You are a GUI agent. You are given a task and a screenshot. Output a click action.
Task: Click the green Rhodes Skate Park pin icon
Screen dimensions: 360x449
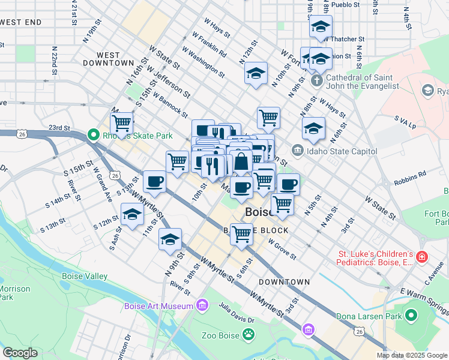pos(93,136)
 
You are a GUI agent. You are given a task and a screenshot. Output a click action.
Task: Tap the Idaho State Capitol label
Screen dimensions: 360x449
pos(342,151)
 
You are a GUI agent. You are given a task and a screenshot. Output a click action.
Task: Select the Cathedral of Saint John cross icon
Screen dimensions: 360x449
pos(317,80)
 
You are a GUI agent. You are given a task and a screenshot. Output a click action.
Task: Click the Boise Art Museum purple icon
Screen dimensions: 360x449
pos(202,307)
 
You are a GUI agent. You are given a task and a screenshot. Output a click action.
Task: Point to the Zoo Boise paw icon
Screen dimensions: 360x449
pos(249,335)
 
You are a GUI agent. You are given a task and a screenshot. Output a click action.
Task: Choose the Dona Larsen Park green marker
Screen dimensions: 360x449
pos(411,315)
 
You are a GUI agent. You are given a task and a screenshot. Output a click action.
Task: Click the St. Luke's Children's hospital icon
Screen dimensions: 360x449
pos(423,257)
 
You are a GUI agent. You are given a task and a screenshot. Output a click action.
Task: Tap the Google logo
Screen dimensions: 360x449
pos(20,353)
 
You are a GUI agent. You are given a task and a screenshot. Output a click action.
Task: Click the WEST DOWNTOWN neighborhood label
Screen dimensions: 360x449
pos(108,59)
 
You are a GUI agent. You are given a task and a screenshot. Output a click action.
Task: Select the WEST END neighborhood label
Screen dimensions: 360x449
pos(21,22)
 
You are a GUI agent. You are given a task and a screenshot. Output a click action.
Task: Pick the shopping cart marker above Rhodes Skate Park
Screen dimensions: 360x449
pos(122,123)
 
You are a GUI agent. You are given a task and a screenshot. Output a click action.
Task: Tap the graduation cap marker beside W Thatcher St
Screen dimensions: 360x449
pos(321,27)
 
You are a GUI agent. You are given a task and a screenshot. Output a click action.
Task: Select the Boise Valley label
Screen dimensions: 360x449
pos(85,277)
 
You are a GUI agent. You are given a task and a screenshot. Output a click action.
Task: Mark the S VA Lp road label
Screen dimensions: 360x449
pos(405,122)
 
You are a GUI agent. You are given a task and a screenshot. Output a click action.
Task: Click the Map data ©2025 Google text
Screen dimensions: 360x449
pos(412,355)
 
